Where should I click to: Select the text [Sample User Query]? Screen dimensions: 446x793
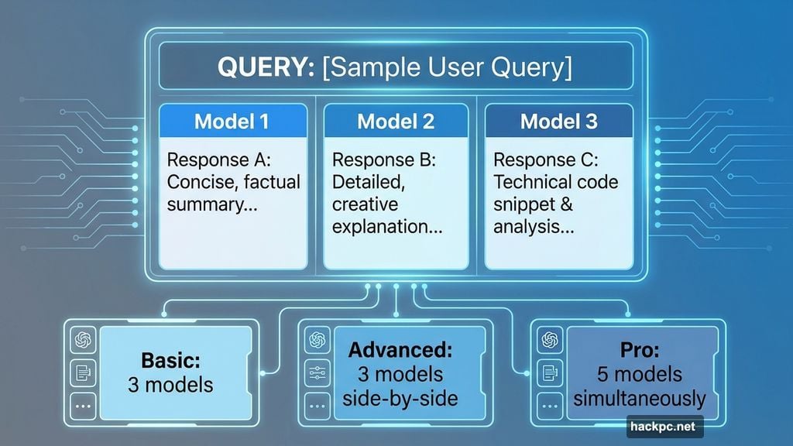447,68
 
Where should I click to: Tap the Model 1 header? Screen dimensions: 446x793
233,122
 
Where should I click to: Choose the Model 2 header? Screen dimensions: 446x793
396,122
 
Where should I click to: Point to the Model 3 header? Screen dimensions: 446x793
558,122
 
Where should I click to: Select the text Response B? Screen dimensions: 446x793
384,160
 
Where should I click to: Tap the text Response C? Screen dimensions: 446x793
545,160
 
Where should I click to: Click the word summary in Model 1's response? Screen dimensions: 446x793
204,205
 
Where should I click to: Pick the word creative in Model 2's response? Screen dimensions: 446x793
365,205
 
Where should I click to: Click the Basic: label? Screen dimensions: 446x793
171,360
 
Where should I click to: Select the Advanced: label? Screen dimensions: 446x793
400,350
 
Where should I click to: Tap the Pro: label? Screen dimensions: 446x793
640,350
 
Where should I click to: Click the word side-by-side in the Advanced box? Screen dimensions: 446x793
400,400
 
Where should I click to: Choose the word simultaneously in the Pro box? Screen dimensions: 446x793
640,400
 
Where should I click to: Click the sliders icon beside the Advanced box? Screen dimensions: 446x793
316,372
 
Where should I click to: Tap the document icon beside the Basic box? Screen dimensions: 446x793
81,372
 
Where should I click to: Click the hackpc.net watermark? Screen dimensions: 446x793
664,427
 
